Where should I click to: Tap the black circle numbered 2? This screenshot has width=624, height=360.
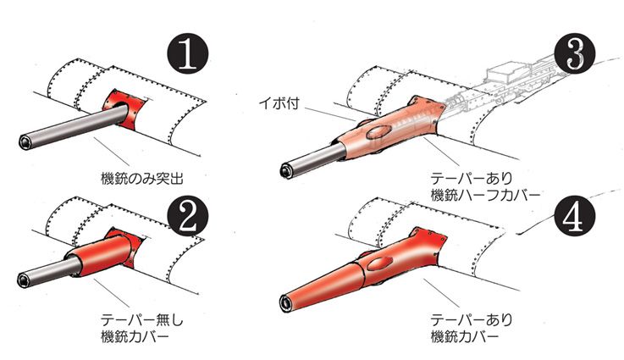(188, 218)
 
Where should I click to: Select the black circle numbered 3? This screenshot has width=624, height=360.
(574, 54)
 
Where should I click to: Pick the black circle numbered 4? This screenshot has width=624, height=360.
(574, 217)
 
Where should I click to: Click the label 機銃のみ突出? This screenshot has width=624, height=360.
(142, 178)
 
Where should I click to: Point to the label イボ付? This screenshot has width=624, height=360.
(279, 103)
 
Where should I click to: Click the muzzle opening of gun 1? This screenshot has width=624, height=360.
(26, 141)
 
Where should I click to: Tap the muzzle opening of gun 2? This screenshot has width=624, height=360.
(25, 280)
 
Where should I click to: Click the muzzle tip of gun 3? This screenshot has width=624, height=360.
(287, 170)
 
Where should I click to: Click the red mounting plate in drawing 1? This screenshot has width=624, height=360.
(124, 108)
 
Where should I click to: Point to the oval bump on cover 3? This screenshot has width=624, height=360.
(379, 133)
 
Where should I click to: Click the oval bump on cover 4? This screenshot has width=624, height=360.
(379, 263)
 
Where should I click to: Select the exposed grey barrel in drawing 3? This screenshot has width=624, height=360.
(313, 160)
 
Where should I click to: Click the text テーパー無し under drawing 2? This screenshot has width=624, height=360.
(141, 320)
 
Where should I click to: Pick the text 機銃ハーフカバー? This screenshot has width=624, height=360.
(485, 195)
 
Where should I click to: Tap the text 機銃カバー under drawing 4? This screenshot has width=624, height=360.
(465, 337)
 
